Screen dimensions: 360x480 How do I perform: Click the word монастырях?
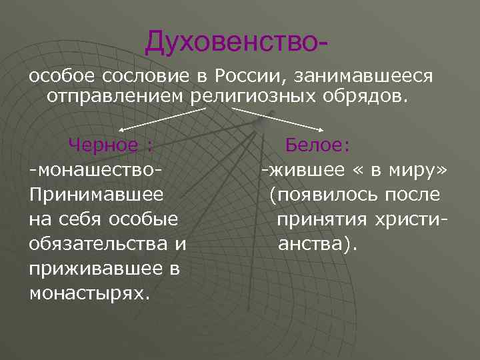pos(89,293)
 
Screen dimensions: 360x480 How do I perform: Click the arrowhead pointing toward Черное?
pos(121,131)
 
